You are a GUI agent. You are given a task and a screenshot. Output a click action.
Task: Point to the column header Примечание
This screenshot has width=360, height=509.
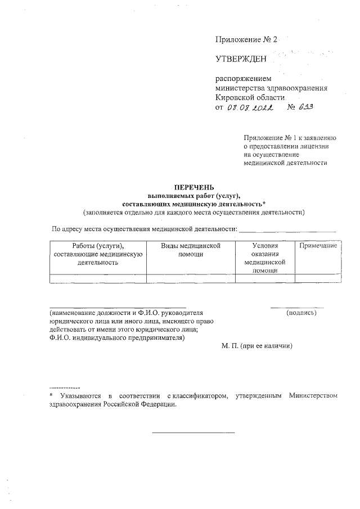point(318,246)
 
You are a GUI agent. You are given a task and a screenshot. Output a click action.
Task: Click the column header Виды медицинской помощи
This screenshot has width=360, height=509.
point(191,250)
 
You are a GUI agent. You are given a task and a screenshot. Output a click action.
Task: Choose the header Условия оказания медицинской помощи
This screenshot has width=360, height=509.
point(265,258)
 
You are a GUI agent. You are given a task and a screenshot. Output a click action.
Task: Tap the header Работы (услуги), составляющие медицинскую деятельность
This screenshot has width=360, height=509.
point(98,254)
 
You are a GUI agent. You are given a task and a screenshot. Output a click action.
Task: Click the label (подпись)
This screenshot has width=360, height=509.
point(301,312)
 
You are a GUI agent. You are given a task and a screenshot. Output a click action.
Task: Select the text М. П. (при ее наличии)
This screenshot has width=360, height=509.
point(257,346)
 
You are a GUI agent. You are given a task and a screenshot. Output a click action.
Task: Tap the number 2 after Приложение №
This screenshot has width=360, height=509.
point(276,39)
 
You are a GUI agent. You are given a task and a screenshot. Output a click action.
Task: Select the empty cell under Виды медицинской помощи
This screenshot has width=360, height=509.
point(191,278)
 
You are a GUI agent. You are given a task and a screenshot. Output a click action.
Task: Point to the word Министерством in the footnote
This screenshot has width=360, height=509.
point(313,397)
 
